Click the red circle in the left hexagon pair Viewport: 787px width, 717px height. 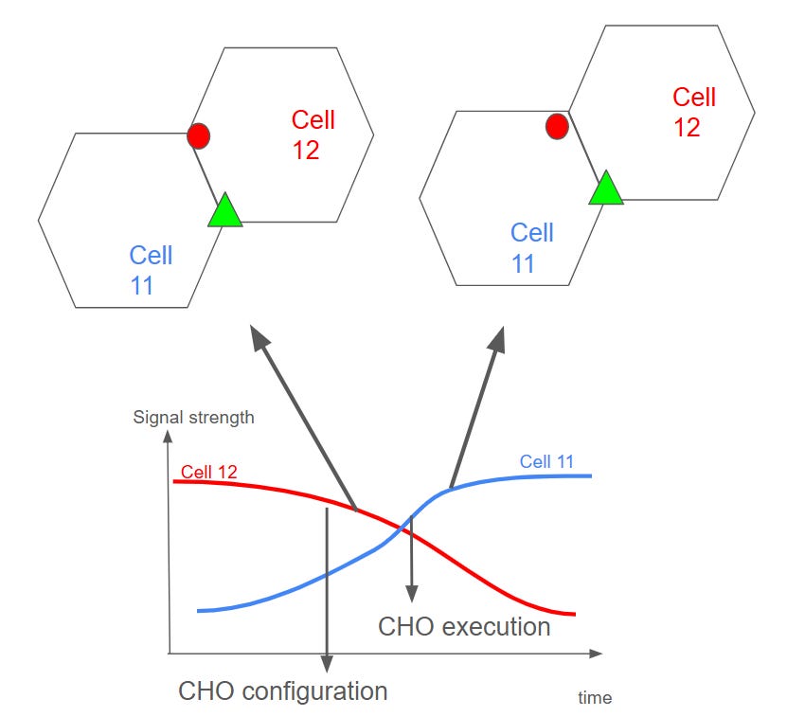[x=198, y=135]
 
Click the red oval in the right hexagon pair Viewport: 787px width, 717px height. [x=558, y=125]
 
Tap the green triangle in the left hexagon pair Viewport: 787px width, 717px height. [x=224, y=211]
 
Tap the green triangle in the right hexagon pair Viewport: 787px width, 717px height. [x=605, y=188]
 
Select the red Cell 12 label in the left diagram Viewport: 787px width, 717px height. [x=313, y=134]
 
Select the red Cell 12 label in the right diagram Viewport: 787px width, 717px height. [x=693, y=112]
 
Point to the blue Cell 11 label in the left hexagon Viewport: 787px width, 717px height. [x=152, y=270]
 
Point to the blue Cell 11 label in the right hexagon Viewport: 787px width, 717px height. [x=531, y=247]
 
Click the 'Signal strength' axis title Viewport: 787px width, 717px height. [x=193, y=417]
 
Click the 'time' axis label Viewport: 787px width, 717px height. [x=595, y=698]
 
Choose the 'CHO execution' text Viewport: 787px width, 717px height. [x=464, y=627]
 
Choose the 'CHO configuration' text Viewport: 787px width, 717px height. [x=283, y=690]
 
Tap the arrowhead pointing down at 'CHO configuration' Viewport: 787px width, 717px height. [x=326, y=665]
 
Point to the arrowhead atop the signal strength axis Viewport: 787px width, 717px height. [x=168, y=438]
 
